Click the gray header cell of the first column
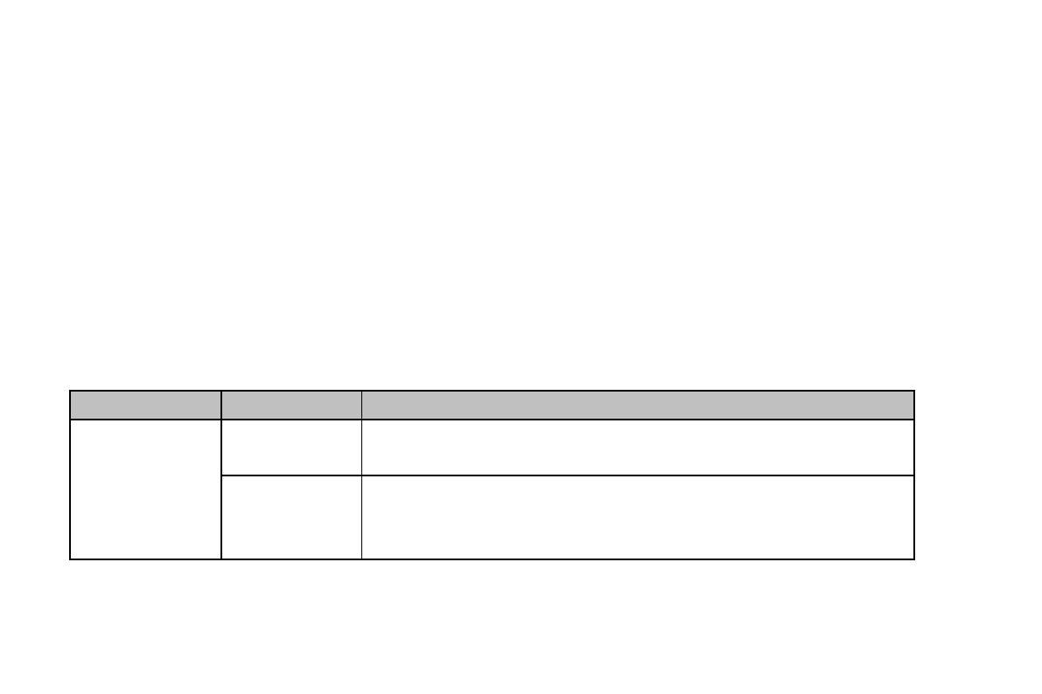pos(145,405)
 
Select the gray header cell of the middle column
pos(291,405)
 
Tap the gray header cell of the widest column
pos(638,405)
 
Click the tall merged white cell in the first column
pos(145,489)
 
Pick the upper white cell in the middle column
pos(291,448)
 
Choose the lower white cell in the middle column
pos(291,517)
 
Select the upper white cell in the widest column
pos(638,448)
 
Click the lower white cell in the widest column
pos(638,517)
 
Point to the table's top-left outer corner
pos(70,391)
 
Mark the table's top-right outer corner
pos(914,391)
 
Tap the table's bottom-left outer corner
pos(70,559)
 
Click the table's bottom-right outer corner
pos(914,559)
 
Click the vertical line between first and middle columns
pos(221,489)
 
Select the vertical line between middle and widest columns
pos(361,489)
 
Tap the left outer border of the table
pos(70,489)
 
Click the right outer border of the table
pos(914,489)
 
